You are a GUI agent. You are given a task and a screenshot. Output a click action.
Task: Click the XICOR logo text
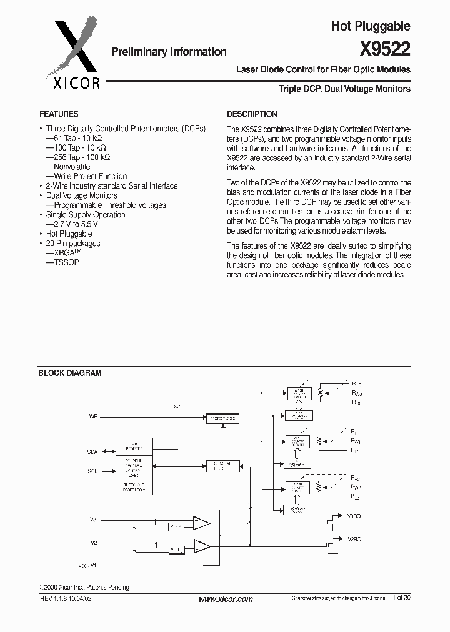[x=72, y=82]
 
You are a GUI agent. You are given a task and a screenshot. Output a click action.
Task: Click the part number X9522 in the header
[x=385, y=49]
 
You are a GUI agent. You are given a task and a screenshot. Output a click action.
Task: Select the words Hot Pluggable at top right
[x=371, y=26]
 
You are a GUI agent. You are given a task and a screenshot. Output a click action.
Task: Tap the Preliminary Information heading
[x=169, y=52]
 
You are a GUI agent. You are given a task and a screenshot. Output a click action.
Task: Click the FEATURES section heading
[x=59, y=114]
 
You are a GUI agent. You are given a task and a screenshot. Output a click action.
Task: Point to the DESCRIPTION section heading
[x=252, y=114]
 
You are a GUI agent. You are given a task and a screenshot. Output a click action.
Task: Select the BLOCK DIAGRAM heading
[x=70, y=373]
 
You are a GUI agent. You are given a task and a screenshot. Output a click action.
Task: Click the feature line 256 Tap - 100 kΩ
[x=78, y=157]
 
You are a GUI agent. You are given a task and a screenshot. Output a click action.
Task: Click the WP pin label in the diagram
[x=93, y=415]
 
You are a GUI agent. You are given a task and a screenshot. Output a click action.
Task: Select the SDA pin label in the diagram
[x=92, y=450]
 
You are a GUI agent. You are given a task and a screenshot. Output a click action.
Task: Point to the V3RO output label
[x=354, y=517]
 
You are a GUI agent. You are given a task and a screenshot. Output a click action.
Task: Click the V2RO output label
[x=354, y=538]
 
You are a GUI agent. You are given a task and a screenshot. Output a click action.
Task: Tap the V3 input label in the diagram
[x=93, y=519]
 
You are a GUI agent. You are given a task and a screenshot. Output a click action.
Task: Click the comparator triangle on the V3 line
[x=201, y=523]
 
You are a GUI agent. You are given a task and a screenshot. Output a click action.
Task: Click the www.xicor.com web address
[x=225, y=599]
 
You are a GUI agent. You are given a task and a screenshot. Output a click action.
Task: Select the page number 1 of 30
[x=401, y=598]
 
